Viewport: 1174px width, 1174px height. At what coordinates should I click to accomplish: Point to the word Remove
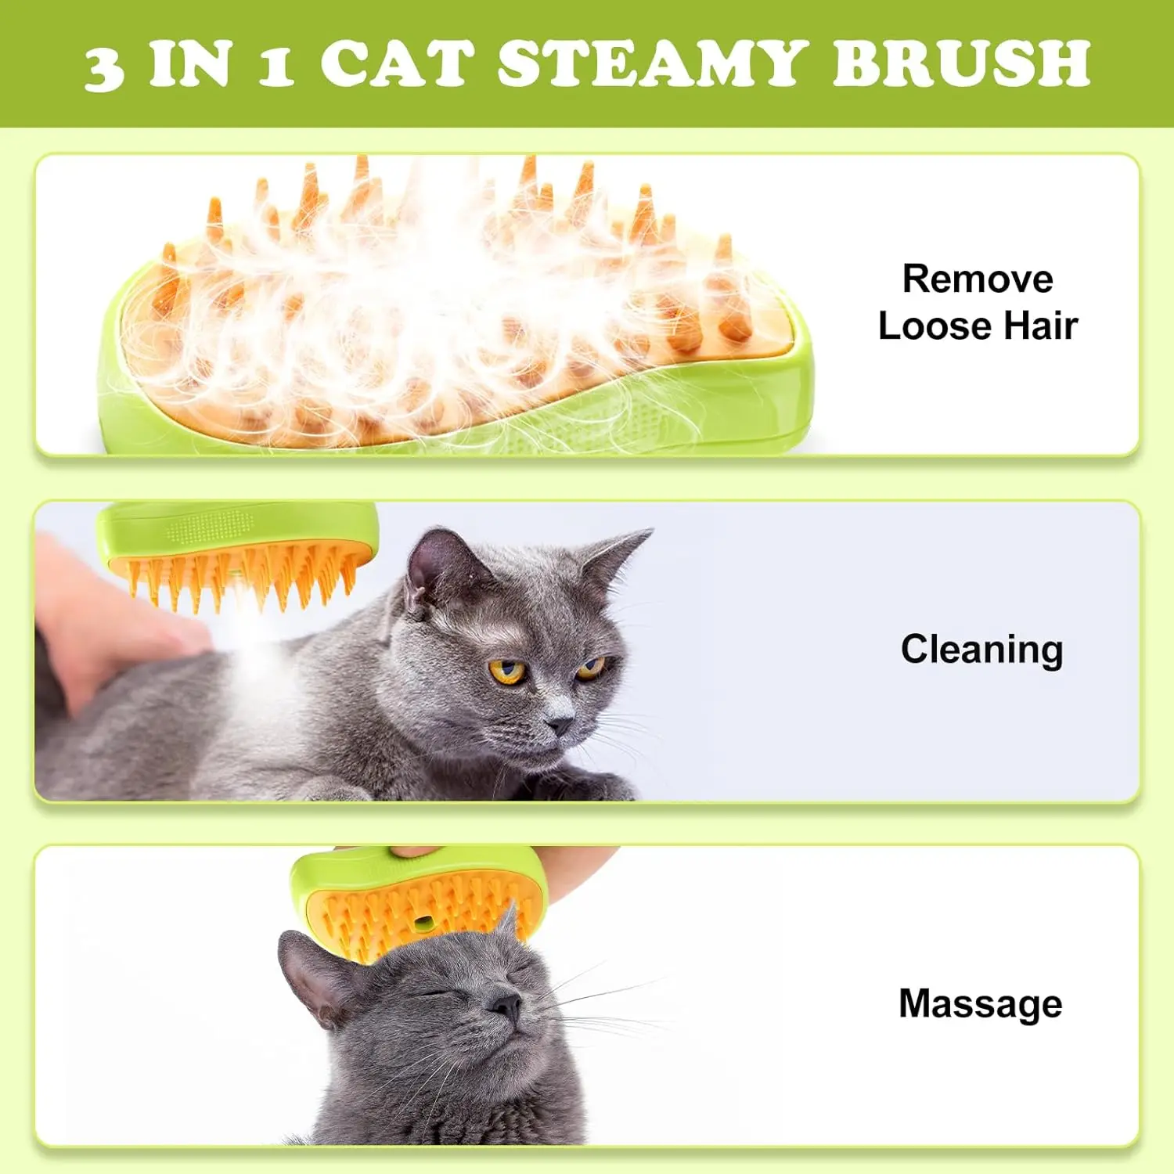(978, 279)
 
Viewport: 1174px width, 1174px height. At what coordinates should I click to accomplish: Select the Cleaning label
(981, 650)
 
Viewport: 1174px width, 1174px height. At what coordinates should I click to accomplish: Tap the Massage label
(980, 1003)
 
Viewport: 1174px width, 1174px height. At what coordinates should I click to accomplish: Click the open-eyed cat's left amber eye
(507, 671)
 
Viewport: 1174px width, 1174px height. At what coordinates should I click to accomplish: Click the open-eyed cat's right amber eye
(591, 667)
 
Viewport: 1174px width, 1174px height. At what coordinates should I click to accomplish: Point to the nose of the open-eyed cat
(560, 725)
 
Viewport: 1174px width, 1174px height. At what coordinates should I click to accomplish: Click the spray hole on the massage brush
(423, 924)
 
